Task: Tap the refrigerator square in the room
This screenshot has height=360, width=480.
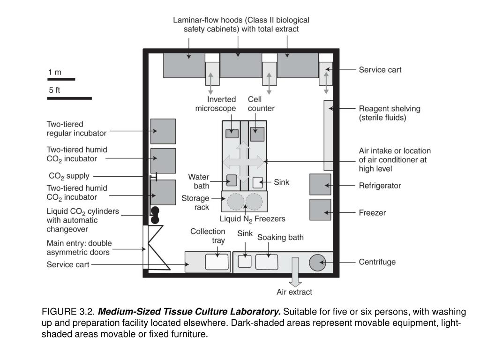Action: point(320,184)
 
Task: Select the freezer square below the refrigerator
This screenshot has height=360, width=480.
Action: point(320,210)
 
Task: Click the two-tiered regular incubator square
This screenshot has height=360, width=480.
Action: point(163,131)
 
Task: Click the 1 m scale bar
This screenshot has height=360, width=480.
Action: point(61,79)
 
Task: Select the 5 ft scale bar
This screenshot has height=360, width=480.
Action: point(69,98)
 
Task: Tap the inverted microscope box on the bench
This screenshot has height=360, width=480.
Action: point(232,133)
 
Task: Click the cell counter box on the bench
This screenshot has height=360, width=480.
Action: point(257,134)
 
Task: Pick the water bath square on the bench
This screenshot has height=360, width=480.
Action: point(232,180)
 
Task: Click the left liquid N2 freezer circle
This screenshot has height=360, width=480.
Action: point(236,202)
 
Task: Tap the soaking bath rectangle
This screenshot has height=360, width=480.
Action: point(266,262)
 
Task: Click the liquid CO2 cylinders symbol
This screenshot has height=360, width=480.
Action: point(154,215)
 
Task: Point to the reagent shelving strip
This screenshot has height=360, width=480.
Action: point(328,135)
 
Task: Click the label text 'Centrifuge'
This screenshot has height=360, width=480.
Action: point(377,262)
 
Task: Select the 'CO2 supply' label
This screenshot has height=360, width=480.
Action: point(69,176)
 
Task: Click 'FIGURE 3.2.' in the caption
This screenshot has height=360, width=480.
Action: point(68,312)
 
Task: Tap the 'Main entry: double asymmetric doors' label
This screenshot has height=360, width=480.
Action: point(79,247)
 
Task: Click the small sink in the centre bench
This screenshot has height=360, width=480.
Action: point(258,182)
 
